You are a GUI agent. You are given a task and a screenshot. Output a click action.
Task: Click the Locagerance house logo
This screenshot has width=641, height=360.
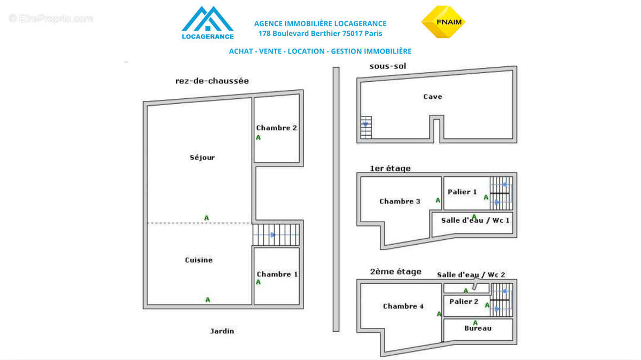(x=207, y=22)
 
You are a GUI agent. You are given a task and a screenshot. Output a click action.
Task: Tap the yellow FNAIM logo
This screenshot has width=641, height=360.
(x=443, y=22)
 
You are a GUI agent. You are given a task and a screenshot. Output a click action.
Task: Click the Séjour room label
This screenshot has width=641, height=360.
(x=202, y=158)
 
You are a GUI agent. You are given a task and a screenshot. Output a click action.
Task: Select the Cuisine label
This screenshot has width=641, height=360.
(x=199, y=260)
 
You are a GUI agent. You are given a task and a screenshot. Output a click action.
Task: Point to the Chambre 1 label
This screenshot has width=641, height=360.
(x=277, y=274)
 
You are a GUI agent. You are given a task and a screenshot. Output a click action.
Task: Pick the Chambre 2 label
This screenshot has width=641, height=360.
(x=276, y=128)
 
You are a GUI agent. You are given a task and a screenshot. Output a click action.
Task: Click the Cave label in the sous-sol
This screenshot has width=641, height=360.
(x=433, y=97)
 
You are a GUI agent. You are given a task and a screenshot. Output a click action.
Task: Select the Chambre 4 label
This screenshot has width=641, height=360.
(x=403, y=306)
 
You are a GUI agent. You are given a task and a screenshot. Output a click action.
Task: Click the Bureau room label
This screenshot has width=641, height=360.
(x=478, y=328)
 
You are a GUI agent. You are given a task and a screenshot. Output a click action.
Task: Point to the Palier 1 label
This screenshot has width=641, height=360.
(x=462, y=192)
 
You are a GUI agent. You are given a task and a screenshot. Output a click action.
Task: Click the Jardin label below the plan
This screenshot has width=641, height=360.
(x=222, y=331)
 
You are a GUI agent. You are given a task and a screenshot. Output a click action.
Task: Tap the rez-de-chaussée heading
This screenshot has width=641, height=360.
(x=212, y=81)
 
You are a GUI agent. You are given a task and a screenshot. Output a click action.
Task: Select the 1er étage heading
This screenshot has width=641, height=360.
(x=390, y=169)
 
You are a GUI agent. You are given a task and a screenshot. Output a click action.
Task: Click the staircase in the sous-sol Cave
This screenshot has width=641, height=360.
(x=366, y=127)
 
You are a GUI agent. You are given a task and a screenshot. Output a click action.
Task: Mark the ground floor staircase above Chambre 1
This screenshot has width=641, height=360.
(x=276, y=234)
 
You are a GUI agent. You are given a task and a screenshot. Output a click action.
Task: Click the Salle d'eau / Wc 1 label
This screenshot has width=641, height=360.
(x=475, y=220)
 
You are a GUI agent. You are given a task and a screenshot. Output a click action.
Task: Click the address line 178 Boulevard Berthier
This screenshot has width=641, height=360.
(x=320, y=34)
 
